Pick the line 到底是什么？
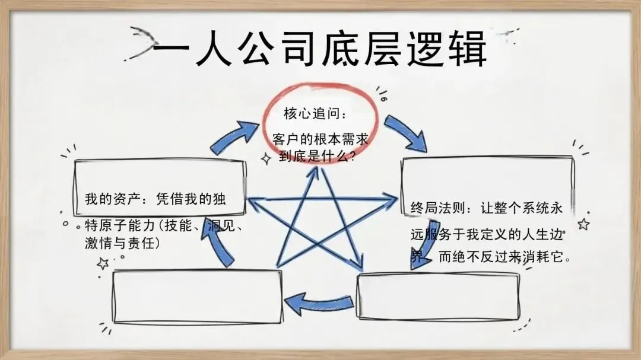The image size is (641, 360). (317, 157)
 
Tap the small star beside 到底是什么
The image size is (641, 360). (265, 157)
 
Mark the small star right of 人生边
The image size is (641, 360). (583, 224)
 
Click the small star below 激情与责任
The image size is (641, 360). (103, 263)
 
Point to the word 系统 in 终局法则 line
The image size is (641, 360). (538, 208)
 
